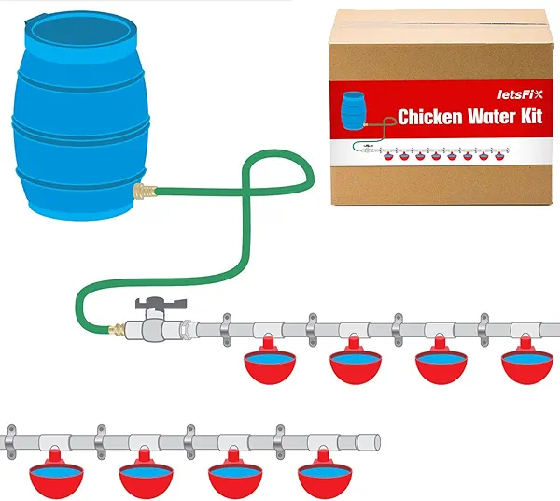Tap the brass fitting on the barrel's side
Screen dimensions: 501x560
click(144, 194)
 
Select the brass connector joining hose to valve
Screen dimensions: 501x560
click(118, 329)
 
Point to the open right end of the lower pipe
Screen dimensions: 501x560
click(378, 440)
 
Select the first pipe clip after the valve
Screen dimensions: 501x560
click(224, 328)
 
